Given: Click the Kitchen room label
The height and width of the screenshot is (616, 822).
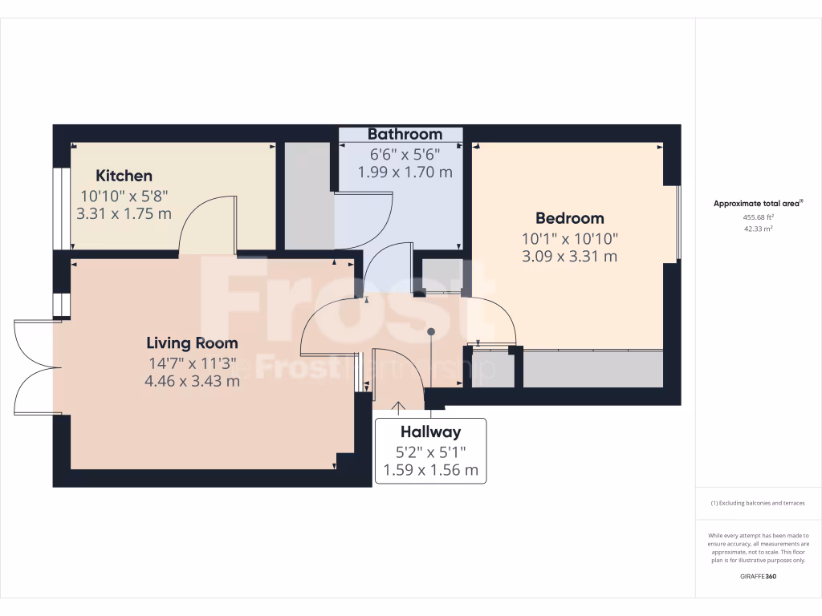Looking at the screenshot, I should (124, 176).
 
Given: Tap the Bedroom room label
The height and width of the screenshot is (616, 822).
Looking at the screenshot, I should (570, 218).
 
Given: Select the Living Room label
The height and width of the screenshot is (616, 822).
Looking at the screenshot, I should (191, 343).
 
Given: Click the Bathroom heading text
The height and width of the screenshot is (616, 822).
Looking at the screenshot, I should (405, 134).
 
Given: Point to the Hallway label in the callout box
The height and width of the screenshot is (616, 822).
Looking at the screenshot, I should (430, 432).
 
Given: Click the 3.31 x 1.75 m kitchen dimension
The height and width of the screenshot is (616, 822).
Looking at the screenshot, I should (124, 214).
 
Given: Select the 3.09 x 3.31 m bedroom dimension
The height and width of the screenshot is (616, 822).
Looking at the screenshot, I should (570, 257).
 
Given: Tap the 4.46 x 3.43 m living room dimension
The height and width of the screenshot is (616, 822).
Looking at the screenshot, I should (192, 381).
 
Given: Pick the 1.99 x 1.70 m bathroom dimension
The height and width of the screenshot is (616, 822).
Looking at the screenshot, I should (405, 172).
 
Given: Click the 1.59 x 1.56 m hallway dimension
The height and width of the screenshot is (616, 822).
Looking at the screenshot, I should (430, 470).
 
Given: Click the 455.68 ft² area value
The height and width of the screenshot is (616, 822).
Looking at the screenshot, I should (758, 217).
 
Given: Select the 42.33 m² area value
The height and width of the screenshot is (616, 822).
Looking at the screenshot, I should (758, 229).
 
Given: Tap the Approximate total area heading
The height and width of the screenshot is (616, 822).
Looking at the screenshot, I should (758, 204).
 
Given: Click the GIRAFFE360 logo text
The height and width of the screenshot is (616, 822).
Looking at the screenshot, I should (758, 576).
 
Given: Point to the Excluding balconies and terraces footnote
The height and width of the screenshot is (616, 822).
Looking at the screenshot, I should (758, 504).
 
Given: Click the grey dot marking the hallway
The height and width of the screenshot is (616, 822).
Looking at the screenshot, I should (431, 331).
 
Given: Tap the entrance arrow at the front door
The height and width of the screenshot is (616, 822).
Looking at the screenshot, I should (398, 407).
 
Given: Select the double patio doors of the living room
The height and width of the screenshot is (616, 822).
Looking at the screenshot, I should (35, 367).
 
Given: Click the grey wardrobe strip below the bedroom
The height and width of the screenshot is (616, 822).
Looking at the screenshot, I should (592, 369).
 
